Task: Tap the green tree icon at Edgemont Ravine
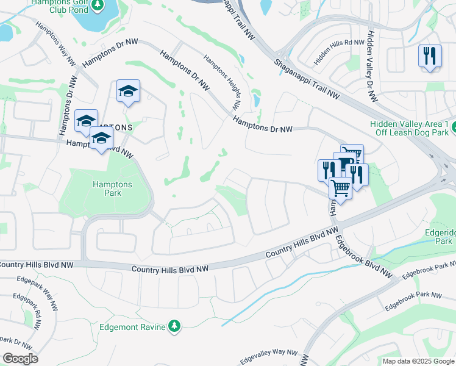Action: (175, 327)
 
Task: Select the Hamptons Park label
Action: (107, 188)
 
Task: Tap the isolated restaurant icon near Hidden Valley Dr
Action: (430, 56)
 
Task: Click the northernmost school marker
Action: (128, 91)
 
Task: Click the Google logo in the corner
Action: (20, 358)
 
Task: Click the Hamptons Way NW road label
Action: (55, 45)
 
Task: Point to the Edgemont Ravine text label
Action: (132, 328)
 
